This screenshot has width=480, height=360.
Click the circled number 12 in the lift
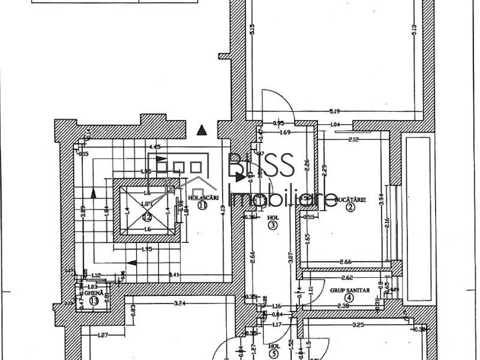click(147, 217)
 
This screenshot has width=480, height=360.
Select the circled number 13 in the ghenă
click(93, 301)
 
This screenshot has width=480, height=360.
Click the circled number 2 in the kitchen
click(350, 208)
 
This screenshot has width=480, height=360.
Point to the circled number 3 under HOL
click(273, 226)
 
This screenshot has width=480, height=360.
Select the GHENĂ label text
click(93, 292)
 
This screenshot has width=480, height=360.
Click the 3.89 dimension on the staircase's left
click(83, 212)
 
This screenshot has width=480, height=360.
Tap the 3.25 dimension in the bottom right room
click(358, 325)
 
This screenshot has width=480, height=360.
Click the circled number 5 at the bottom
click(273, 354)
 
